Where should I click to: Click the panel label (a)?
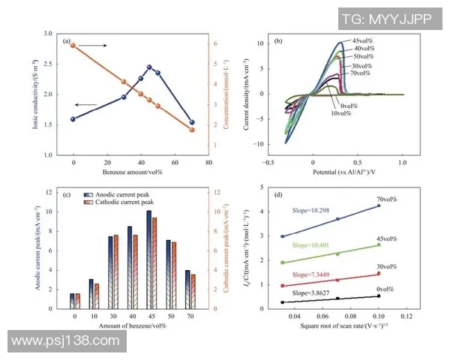[67, 40]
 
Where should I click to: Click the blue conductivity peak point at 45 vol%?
[149, 67]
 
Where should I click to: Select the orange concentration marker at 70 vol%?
[192, 130]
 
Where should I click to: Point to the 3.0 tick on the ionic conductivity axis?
[49, 34]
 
